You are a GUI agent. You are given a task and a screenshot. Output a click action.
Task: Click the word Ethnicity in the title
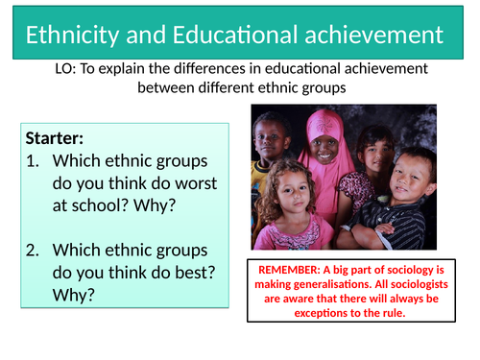click(70, 37)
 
